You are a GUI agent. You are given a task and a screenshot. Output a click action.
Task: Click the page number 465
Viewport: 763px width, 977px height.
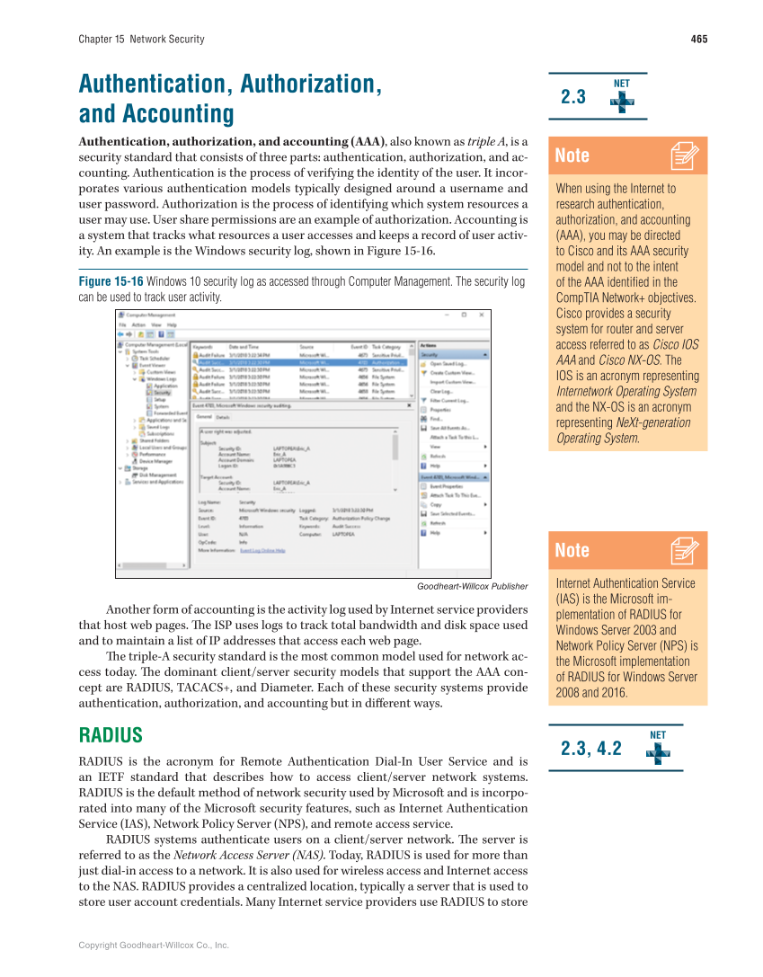coord(698,39)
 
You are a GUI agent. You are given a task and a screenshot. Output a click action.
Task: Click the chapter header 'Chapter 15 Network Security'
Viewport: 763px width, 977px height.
coord(141,39)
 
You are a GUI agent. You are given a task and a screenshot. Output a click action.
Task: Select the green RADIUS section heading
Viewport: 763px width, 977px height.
coord(111,735)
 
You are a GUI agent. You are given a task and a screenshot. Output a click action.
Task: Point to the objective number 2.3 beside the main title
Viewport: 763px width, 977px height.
coord(573,97)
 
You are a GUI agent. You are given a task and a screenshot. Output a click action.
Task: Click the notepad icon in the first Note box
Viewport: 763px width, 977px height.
coord(685,156)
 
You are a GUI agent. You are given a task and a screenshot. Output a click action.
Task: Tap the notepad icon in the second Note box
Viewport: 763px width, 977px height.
coord(685,550)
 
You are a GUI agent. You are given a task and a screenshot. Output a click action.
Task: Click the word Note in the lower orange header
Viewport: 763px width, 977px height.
coord(572,550)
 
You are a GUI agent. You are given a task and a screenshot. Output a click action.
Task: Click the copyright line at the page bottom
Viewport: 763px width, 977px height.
coord(154,945)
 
